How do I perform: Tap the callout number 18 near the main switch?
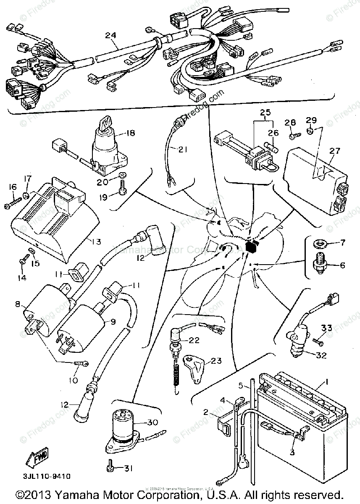pos(131,133)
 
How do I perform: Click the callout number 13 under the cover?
pos(96,241)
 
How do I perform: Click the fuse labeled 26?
pos(273,148)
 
